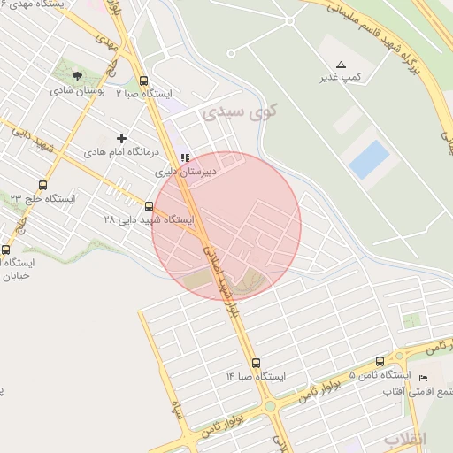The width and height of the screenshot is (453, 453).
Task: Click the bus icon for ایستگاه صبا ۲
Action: pos(144,79)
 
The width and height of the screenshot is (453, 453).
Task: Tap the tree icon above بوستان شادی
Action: pos(77,75)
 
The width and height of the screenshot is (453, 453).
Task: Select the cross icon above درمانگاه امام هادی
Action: pos(121,138)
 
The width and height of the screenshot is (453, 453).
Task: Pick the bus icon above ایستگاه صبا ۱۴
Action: pos(256,363)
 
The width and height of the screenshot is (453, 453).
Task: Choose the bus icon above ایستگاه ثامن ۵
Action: pos(380,362)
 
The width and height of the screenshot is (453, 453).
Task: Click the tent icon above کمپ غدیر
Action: pos(341,65)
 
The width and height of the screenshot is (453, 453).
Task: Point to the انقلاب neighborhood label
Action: pos(406,439)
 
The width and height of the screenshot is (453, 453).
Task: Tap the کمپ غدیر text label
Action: pos(341,79)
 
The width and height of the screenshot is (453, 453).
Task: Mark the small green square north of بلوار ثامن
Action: pos(411,320)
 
